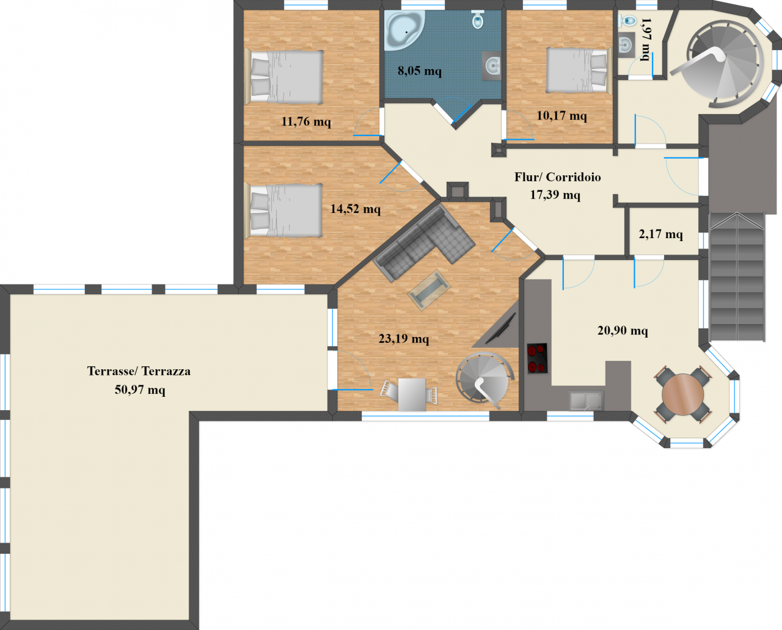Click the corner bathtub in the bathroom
(x=404, y=30)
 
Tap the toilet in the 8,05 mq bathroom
(x=478, y=19)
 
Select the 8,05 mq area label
(x=420, y=70)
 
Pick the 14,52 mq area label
(x=356, y=209)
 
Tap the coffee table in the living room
(x=429, y=290)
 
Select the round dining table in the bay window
(x=683, y=395)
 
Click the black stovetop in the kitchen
(x=537, y=358)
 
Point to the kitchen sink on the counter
(x=586, y=400)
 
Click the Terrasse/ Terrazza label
(x=139, y=371)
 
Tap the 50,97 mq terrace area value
(x=140, y=390)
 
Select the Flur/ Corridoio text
(x=557, y=177)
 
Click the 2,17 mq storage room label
(x=660, y=234)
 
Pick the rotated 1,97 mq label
(x=646, y=40)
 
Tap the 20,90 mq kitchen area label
(x=623, y=331)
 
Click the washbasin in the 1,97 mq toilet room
(x=626, y=45)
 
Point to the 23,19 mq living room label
(x=404, y=339)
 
